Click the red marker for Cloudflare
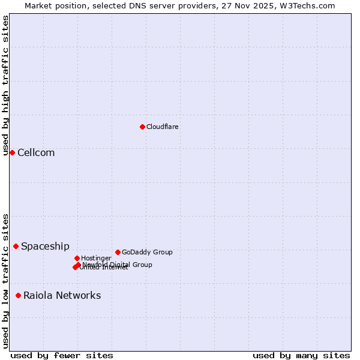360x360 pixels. point(142,127)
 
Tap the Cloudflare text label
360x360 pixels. point(162,127)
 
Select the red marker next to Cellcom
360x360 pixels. point(12,152)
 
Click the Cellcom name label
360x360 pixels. point(36,152)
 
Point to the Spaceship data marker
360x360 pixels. point(16,246)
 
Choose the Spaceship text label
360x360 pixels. point(45,246)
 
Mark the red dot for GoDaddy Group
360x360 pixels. point(118,252)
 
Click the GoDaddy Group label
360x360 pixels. point(147,252)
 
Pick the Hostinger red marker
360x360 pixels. point(77,258)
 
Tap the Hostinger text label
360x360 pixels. point(96,258)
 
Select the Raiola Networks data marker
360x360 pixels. point(18,295)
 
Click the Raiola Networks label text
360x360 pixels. point(62,295)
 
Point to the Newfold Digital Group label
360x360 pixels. point(117,264)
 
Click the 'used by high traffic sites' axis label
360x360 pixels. point(5,85)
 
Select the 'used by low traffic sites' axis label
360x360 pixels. point(5,280)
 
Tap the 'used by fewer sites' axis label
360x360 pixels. point(62,355)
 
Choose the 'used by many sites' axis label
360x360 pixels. point(301,355)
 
